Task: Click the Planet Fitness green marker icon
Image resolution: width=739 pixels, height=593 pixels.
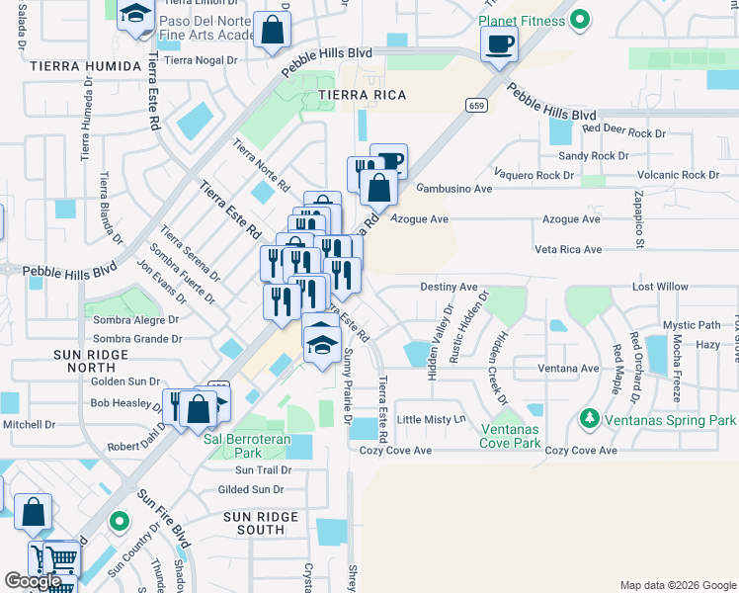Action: tap(582, 20)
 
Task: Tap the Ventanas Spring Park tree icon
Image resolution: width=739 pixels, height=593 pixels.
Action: tap(591, 420)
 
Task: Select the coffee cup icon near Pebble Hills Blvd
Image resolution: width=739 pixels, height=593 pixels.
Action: tap(499, 42)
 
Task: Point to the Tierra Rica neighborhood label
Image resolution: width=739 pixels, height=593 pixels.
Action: tap(356, 95)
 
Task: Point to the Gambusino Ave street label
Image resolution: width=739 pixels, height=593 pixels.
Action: tap(452, 189)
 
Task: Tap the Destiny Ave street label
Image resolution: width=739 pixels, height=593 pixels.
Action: tap(449, 287)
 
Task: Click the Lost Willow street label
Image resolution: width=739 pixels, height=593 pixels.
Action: tap(660, 287)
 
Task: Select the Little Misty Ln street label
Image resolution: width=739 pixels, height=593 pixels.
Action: tap(431, 419)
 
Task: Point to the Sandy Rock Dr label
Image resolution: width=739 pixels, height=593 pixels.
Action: tap(593, 155)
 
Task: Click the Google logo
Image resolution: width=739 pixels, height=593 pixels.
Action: tap(33, 581)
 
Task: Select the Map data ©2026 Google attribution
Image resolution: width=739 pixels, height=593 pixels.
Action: tap(678, 585)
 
